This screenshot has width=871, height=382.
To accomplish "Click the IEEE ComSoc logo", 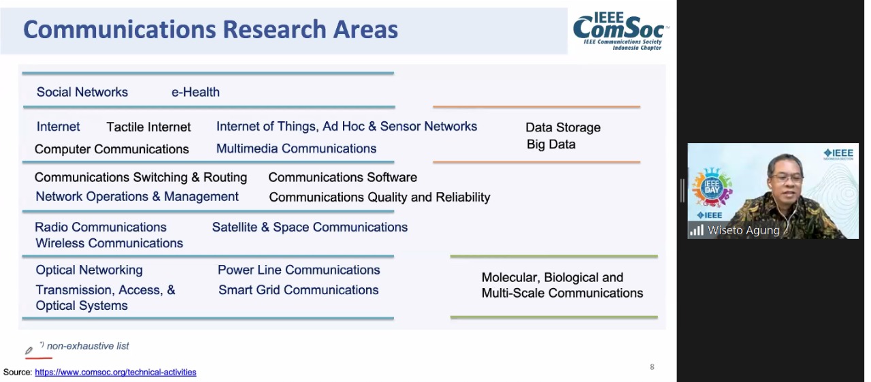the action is click(x=621, y=31).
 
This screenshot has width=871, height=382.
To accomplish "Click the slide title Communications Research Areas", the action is click(x=211, y=29).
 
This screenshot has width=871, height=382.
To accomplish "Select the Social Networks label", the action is click(x=82, y=92).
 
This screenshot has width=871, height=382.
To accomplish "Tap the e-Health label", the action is click(x=195, y=92).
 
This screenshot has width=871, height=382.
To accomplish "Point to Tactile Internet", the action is click(x=148, y=127).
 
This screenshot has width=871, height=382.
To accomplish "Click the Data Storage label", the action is click(x=563, y=127).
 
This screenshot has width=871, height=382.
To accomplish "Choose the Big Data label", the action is click(x=551, y=144).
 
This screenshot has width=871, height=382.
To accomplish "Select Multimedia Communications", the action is click(x=296, y=148).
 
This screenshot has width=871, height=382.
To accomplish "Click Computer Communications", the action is click(x=112, y=149).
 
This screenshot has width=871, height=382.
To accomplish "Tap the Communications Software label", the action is click(x=342, y=178).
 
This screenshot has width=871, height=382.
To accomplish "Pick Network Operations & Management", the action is click(x=137, y=196).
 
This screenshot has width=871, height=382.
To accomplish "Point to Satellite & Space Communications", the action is click(x=310, y=227).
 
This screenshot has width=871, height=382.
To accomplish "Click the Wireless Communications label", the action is click(x=110, y=243).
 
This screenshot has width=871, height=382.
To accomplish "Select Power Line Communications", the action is click(x=299, y=270).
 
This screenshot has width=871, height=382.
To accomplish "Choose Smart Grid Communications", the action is click(x=298, y=290).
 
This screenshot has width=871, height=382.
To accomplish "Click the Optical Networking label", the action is click(x=89, y=270).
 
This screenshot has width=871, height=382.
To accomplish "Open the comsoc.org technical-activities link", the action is click(x=116, y=372).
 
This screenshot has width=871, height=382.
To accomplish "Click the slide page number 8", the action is click(x=652, y=367).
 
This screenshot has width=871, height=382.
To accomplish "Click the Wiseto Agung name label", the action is click(x=744, y=230).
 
